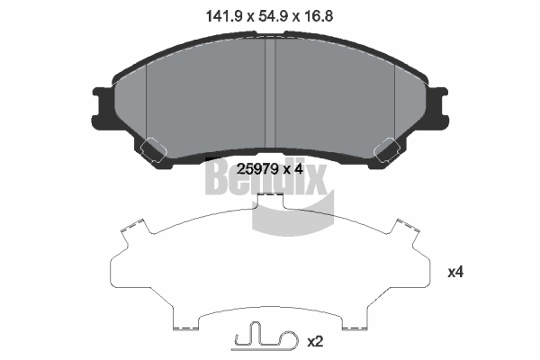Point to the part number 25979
click(255, 166)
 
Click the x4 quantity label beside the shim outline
click(455, 271)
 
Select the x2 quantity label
click(315, 342)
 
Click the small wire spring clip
click(262, 340)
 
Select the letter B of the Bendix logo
click(220, 181)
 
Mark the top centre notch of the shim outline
click(271, 200)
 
